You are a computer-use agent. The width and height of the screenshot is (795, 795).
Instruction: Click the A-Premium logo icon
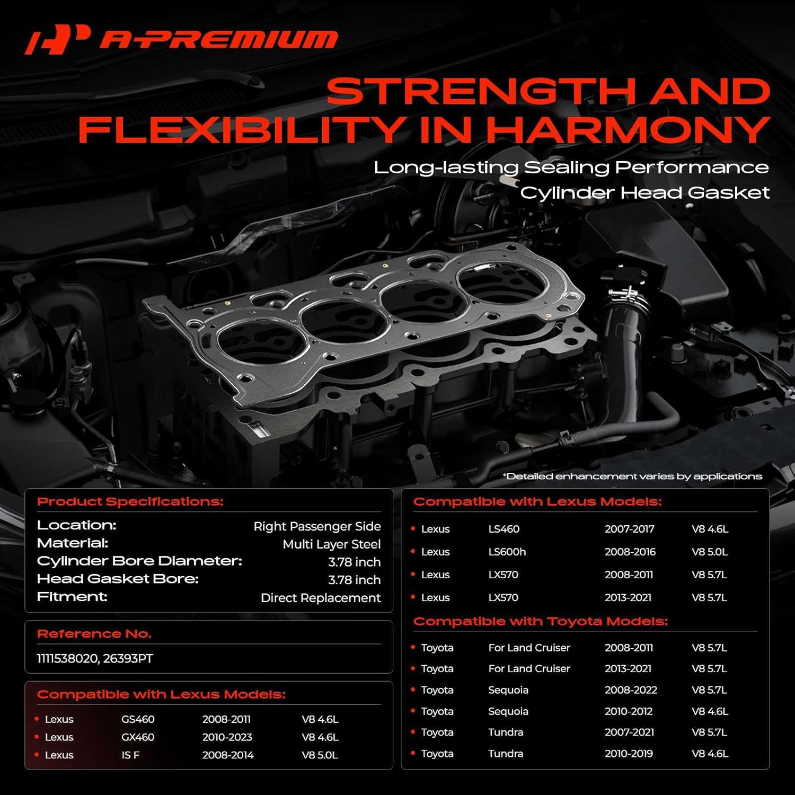[57, 39]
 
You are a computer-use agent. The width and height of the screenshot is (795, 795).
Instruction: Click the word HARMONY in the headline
[628, 129]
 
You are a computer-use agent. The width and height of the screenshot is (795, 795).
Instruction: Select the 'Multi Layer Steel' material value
[331, 544]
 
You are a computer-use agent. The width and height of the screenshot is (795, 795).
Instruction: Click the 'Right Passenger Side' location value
[317, 526]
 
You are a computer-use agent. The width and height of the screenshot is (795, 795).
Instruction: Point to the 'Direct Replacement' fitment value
[320, 598]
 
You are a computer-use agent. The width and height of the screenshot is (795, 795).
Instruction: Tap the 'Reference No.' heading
[94, 634]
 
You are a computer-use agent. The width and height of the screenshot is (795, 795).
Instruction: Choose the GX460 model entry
[138, 737]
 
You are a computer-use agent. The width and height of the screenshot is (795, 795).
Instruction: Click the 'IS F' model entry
[130, 755]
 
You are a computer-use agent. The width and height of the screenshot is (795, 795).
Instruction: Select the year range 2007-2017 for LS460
[629, 529]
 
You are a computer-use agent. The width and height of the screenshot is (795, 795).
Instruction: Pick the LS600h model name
[507, 552]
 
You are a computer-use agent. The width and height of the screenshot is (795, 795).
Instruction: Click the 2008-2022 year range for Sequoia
[631, 690]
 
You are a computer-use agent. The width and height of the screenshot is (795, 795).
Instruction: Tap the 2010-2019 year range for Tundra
[629, 754]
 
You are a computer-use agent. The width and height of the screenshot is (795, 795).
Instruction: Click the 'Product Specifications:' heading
[130, 501]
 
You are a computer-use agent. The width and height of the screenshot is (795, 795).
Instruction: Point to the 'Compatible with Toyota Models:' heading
[540, 621]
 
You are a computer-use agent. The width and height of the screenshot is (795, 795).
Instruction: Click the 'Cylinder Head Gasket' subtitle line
[644, 192]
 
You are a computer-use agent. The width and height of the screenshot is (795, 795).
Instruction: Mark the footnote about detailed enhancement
[632, 476]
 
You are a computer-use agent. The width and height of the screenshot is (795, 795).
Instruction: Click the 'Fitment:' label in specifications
[72, 597]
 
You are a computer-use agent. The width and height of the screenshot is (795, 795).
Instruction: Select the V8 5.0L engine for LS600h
[709, 552]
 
